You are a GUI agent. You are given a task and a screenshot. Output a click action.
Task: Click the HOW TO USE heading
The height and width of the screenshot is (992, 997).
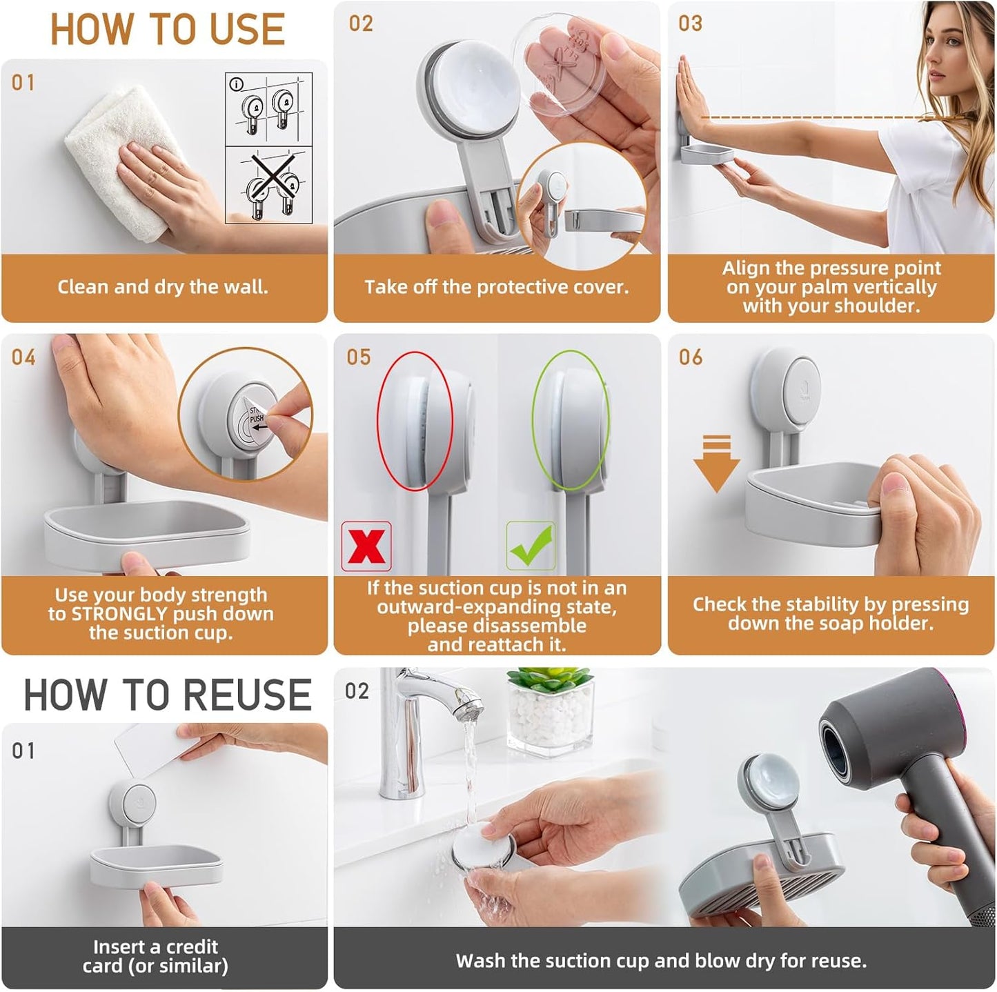coord(168,30)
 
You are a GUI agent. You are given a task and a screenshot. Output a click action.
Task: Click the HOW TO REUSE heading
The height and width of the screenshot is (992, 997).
coord(168,695)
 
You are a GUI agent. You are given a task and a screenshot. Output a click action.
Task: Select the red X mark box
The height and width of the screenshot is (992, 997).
coord(366,546)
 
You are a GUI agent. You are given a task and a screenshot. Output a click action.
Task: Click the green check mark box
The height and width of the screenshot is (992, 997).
coord(531,546)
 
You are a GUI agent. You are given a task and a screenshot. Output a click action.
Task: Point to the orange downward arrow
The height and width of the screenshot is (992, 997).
coord(716,464)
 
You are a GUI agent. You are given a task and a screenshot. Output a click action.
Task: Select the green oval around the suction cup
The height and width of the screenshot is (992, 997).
coord(570,420)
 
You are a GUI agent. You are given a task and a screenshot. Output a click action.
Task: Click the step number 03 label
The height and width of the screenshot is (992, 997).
coord(690,23)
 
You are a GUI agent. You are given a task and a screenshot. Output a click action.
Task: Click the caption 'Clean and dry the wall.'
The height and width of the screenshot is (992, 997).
coord(163,287)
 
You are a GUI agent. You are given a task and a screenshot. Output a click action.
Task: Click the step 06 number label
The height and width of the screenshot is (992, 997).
coord(690,357)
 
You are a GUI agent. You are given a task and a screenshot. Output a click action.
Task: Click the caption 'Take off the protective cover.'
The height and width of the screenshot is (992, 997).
coord(497,287)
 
